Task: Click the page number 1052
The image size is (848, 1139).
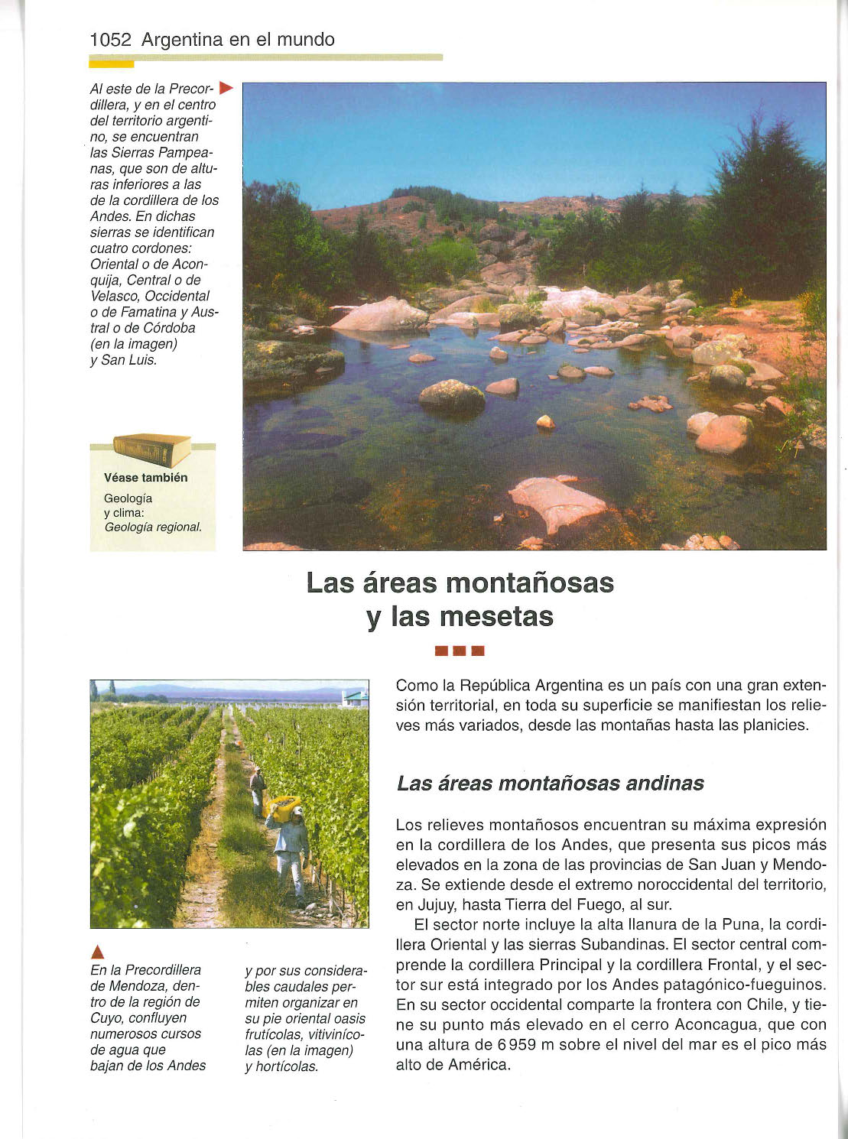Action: click(111, 40)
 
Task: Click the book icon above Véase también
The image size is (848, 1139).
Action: click(151, 449)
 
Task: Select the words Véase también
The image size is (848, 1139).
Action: click(145, 478)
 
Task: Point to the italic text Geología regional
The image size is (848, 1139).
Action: click(153, 527)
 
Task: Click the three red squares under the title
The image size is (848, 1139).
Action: click(460, 651)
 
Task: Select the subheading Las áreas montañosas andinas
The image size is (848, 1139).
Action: click(550, 784)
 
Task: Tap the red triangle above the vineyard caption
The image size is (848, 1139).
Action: click(97, 952)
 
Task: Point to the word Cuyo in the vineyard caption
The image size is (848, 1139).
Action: click(106, 1017)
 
